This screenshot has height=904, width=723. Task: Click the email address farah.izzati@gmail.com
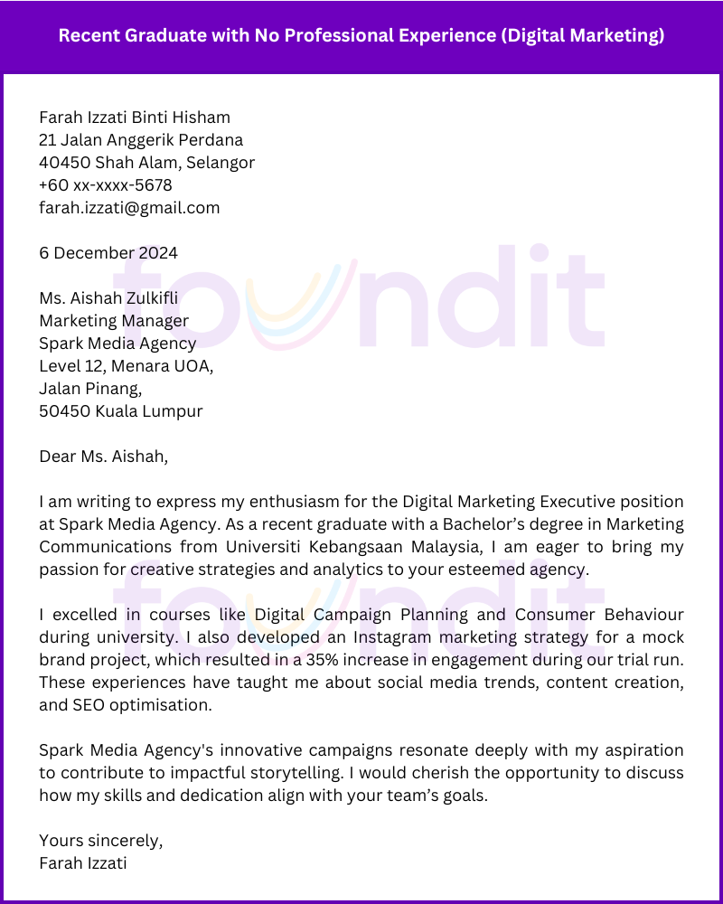[x=129, y=208]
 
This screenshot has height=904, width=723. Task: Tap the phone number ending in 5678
[x=105, y=185]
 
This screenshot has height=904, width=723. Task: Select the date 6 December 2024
[x=108, y=253]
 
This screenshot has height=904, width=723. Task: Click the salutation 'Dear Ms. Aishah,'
[x=103, y=457]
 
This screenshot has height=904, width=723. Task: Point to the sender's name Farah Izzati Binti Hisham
[x=135, y=118]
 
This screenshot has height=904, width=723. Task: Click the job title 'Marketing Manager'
[x=114, y=321]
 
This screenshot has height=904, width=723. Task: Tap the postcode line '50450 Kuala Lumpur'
[x=120, y=411]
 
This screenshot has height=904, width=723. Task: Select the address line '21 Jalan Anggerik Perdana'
[x=141, y=140]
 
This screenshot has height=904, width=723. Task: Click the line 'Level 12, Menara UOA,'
[x=126, y=366]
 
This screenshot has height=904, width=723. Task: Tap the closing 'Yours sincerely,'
[x=101, y=841]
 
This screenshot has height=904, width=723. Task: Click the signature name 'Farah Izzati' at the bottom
[x=83, y=863]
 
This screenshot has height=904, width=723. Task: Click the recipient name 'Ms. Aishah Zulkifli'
[x=108, y=298]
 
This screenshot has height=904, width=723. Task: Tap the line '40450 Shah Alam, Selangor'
[x=146, y=163]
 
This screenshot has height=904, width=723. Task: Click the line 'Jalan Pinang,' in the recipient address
[x=90, y=389]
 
